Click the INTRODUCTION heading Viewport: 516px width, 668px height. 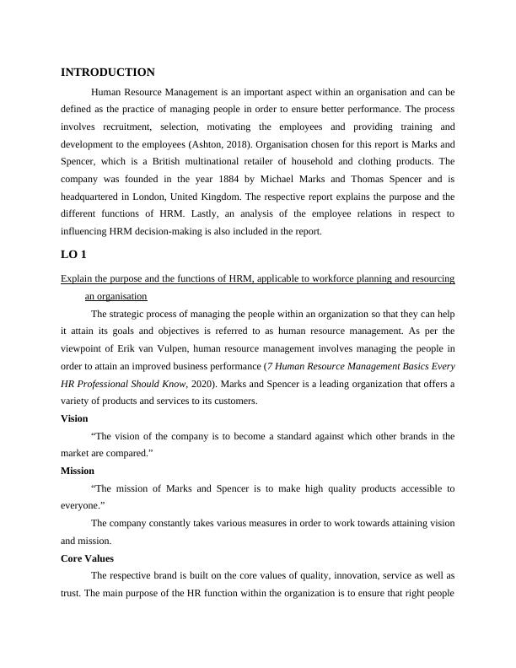pyautogui.click(x=108, y=73)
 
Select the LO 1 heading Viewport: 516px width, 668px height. pyautogui.click(x=73, y=254)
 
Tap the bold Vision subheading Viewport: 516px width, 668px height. pyautogui.click(x=74, y=418)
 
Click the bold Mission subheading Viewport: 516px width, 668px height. pyautogui.click(x=78, y=471)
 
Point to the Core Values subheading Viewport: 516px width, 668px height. pyautogui.click(x=87, y=558)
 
